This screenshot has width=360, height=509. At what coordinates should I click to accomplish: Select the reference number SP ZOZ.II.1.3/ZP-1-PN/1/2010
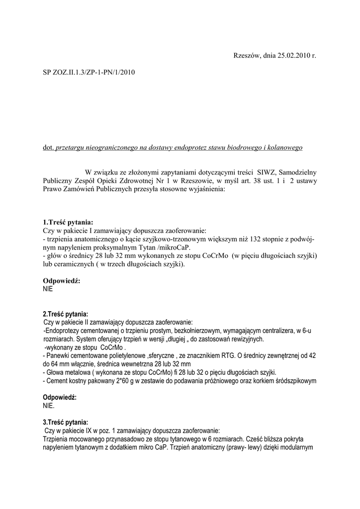[89, 72]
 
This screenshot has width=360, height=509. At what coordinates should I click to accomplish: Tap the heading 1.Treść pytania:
[68, 222]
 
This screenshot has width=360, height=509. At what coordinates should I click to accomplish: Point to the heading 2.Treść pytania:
[66, 314]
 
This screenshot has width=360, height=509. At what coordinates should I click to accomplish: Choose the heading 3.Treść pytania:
[66, 422]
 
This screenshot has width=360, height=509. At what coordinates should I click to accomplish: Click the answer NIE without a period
[48, 288]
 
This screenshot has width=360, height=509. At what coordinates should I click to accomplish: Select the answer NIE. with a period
[49, 406]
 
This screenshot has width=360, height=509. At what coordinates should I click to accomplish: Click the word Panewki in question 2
[59, 356]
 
